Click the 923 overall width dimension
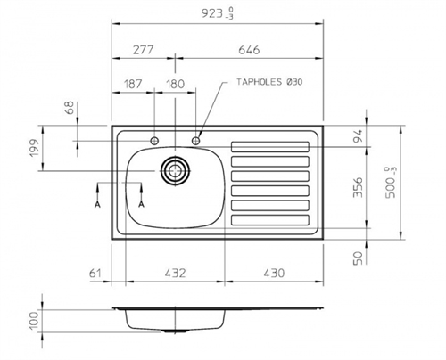[218, 13]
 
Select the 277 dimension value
[143, 50]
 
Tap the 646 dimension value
[249, 50]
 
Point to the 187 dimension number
[133, 84]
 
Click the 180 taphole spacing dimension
[175, 84]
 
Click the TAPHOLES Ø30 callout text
[269, 82]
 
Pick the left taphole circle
[154, 141]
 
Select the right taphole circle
[195, 141]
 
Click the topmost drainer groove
[270, 147]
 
